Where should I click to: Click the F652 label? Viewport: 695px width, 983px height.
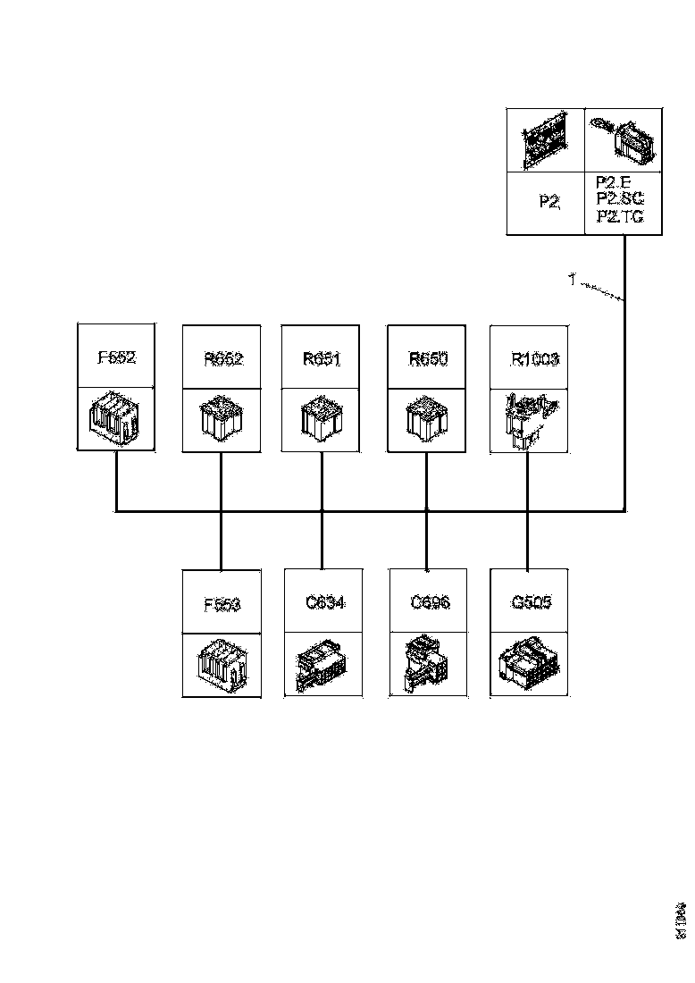[116, 357]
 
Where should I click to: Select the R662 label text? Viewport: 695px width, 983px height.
[222, 359]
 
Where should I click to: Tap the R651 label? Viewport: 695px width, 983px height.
[321, 359]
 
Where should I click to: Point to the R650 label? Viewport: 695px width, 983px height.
[427, 359]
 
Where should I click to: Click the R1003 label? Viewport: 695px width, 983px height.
[534, 359]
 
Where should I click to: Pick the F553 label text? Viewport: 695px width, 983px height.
[222, 604]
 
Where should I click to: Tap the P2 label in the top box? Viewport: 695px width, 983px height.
[548, 203]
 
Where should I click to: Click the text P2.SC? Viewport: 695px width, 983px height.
[619, 198]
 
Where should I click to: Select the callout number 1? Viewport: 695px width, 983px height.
[571, 281]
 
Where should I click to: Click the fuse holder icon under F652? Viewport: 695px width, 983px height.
[116, 419]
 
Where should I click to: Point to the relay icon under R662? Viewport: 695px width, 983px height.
[222, 419]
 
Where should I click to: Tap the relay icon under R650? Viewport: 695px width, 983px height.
[426, 419]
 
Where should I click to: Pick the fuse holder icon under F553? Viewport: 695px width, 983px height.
[222, 667]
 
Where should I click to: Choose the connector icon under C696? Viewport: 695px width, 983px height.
[427, 665]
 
